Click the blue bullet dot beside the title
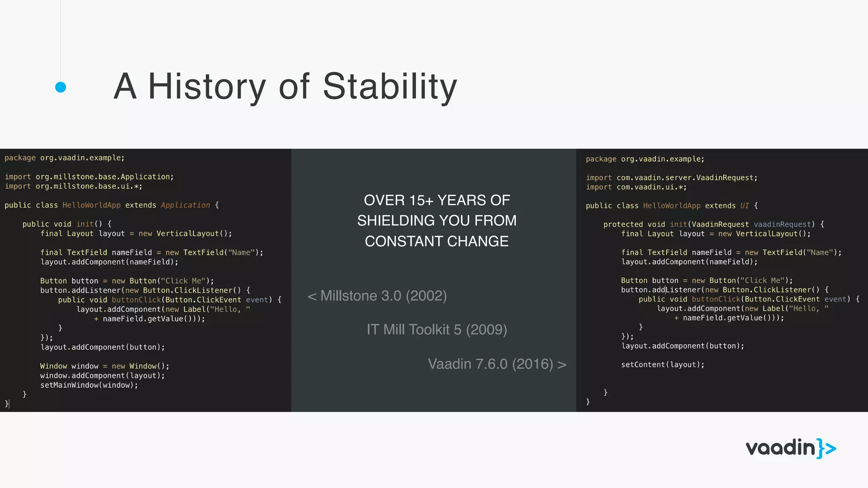pyautogui.click(x=61, y=87)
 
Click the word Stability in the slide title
pyautogui.click(x=390, y=87)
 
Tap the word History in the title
pyautogui.click(x=206, y=87)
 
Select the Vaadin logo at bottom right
pyautogui.click(x=790, y=448)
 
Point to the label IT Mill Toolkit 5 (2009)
pyautogui.click(x=437, y=330)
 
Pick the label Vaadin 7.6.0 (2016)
pyautogui.click(x=490, y=364)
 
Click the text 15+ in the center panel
pyautogui.click(x=417, y=200)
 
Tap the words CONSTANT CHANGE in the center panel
pyautogui.click(x=437, y=241)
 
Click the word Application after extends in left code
pyautogui.click(x=185, y=205)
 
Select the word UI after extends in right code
pyautogui.click(x=744, y=205)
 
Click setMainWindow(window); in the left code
pyautogui.click(x=89, y=385)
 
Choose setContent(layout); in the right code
pyautogui.click(x=662, y=365)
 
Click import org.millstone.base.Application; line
pyautogui.click(x=89, y=177)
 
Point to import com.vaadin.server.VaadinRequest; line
pyautogui.click(x=671, y=177)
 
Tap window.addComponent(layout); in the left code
pyautogui.click(x=102, y=375)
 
